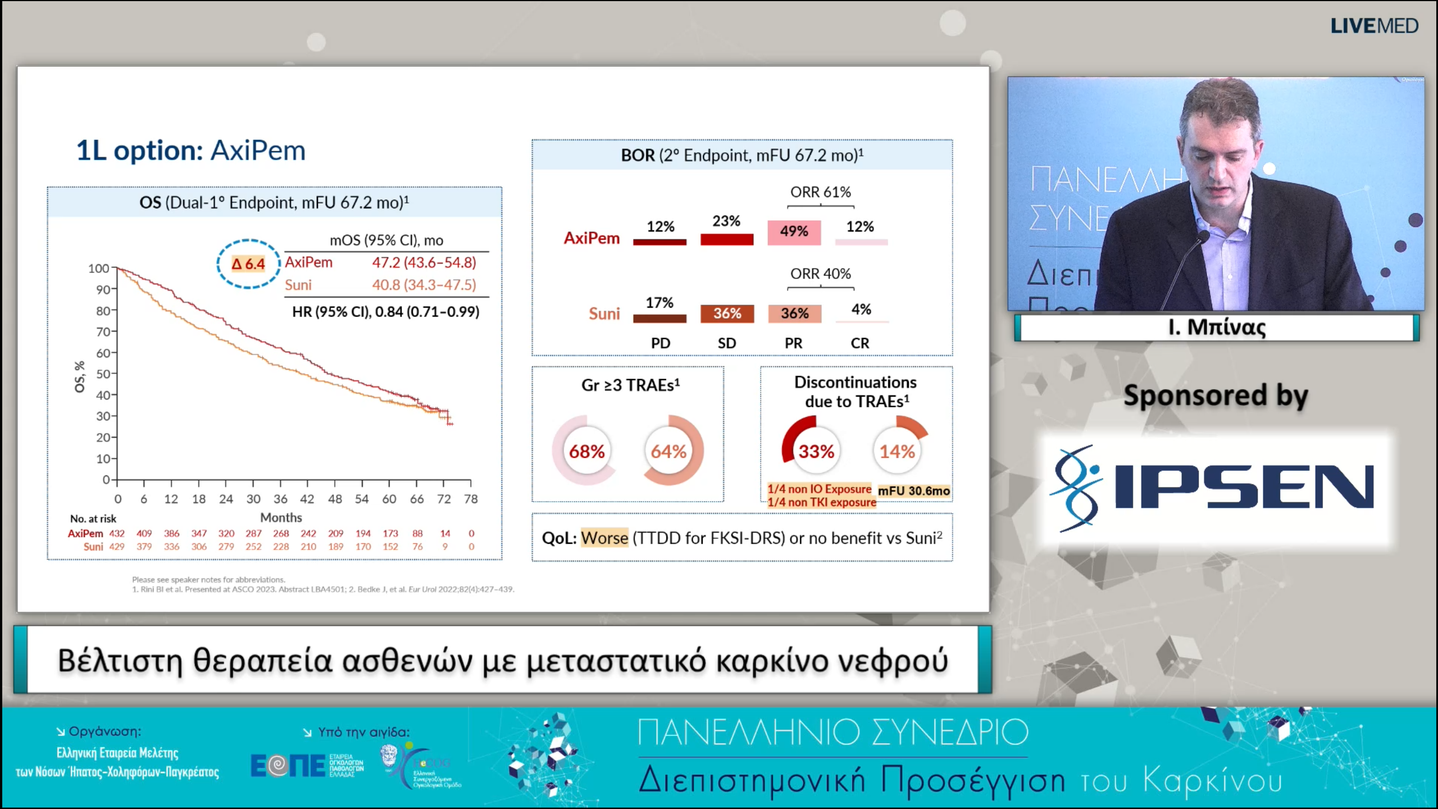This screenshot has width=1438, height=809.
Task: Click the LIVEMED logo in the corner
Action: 1374,26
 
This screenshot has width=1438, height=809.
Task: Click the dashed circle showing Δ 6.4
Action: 248,264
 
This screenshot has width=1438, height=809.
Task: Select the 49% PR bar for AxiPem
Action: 794,232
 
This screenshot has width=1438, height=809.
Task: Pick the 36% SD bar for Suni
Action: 727,313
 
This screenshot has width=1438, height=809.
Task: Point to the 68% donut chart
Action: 586,451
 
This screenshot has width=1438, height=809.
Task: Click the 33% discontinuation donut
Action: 816,451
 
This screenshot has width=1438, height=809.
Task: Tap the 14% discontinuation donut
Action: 897,451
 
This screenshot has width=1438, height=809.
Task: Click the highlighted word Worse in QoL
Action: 604,538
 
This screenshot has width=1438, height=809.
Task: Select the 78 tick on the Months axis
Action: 471,499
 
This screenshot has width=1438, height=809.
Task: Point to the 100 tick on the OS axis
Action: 99,269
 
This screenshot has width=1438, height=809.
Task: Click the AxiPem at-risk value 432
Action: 117,533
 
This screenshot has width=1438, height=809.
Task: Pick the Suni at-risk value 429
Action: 117,547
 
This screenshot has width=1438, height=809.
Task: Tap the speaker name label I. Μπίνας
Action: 1217,328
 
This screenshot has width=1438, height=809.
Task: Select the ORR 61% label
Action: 820,192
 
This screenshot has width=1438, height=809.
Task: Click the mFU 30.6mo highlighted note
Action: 913,491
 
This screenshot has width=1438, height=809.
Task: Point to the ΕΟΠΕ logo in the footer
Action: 288,766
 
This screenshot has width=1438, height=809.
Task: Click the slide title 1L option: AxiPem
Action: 191,151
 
